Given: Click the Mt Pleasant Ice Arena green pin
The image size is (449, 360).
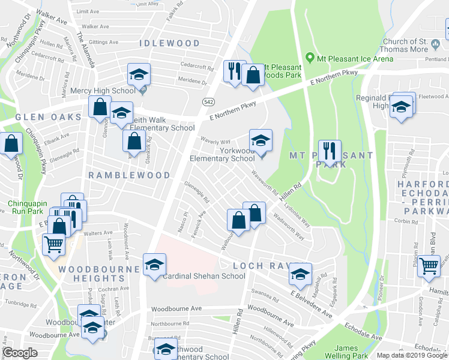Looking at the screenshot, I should point(310,58).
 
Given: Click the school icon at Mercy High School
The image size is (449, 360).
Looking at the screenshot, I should point(139,76).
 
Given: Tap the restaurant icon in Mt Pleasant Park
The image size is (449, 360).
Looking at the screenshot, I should point(330,152).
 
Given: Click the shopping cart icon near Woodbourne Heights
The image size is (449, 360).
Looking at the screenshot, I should point(54,245).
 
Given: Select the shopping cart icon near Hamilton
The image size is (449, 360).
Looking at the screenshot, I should point(429,266).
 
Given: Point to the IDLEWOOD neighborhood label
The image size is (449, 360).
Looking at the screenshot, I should point(169,44).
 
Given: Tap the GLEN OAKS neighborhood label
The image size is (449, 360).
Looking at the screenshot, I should point(40,117).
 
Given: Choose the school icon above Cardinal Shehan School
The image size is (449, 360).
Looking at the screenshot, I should point(155,265).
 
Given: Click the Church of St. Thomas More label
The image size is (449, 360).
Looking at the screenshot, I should point(413,46).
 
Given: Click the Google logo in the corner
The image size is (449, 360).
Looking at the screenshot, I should point(20,353).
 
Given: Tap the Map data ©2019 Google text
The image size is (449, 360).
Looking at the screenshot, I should point(411,355).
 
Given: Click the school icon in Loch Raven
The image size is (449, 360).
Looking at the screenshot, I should point(300,274).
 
